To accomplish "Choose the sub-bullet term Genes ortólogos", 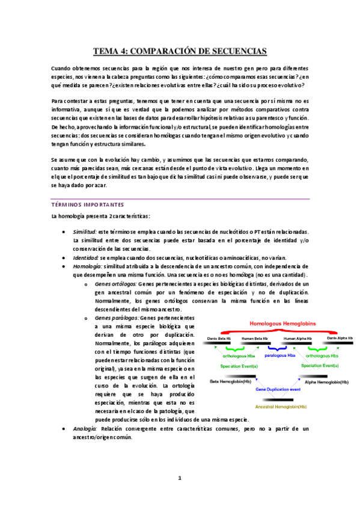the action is pos(115,283).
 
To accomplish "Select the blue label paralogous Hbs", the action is pos(278,355).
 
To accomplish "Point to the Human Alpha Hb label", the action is pos(298,339).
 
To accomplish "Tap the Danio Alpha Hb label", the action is pos(340,339).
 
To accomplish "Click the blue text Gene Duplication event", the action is pos(278,390).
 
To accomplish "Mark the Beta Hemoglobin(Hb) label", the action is pos(231,381).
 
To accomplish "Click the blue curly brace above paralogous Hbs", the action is pos(278,348).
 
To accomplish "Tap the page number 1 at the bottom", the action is pos(179,479).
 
